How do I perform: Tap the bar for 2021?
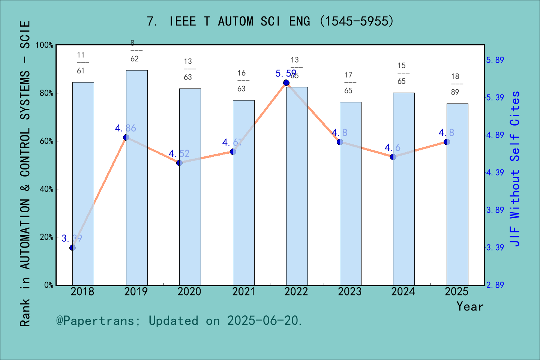point(243,193)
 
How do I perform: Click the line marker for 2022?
point(286,82)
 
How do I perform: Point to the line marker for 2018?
point(72,247)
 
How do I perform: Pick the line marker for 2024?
point(393,157)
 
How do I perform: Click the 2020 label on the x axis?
point(189,292)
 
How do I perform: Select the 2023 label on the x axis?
point(349,292)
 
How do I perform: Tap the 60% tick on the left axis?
point(46,141)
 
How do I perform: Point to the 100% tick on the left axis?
point(45,45)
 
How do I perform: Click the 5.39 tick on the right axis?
point(495,97)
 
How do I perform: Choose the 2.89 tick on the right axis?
point(495,285)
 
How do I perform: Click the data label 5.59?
point(286,73)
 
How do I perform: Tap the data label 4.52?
point(179,154)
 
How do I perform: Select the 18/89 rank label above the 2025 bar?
point(455,84)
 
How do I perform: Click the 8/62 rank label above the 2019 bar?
point(134,51)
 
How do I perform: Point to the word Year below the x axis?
point(470,307)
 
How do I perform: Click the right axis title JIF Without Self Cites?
point(515,169)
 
